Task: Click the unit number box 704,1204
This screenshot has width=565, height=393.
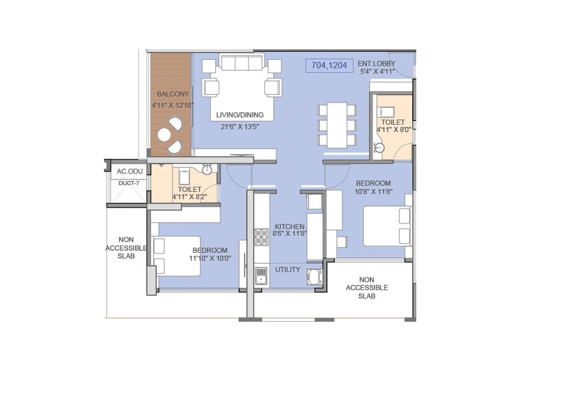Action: coord(330,65)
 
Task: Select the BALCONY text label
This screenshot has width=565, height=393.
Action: coord(173,94)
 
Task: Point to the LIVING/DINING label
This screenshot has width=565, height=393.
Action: coord(240,115)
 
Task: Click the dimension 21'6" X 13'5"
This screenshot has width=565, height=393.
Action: coord(240,127)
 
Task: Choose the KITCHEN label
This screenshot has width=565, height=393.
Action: coord(289,226)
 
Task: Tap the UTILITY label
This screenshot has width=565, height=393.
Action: coord(288,269)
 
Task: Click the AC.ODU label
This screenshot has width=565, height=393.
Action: coord(128,171)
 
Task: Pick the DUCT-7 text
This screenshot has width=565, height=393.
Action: coord(128,183)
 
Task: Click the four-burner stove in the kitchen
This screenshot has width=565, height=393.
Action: coord(261,236)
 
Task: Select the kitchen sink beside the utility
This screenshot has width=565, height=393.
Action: coord(261,276)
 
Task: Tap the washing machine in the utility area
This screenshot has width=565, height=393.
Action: coord(314,277)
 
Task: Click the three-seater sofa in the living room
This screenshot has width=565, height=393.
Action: coord(242,63)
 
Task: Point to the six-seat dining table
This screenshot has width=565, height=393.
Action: coord(337,125)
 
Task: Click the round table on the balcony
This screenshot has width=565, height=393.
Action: coord(164,135)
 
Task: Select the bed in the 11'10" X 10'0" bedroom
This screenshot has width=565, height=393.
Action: coord(177,256)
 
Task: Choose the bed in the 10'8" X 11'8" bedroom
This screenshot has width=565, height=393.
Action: coord(386,226)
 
